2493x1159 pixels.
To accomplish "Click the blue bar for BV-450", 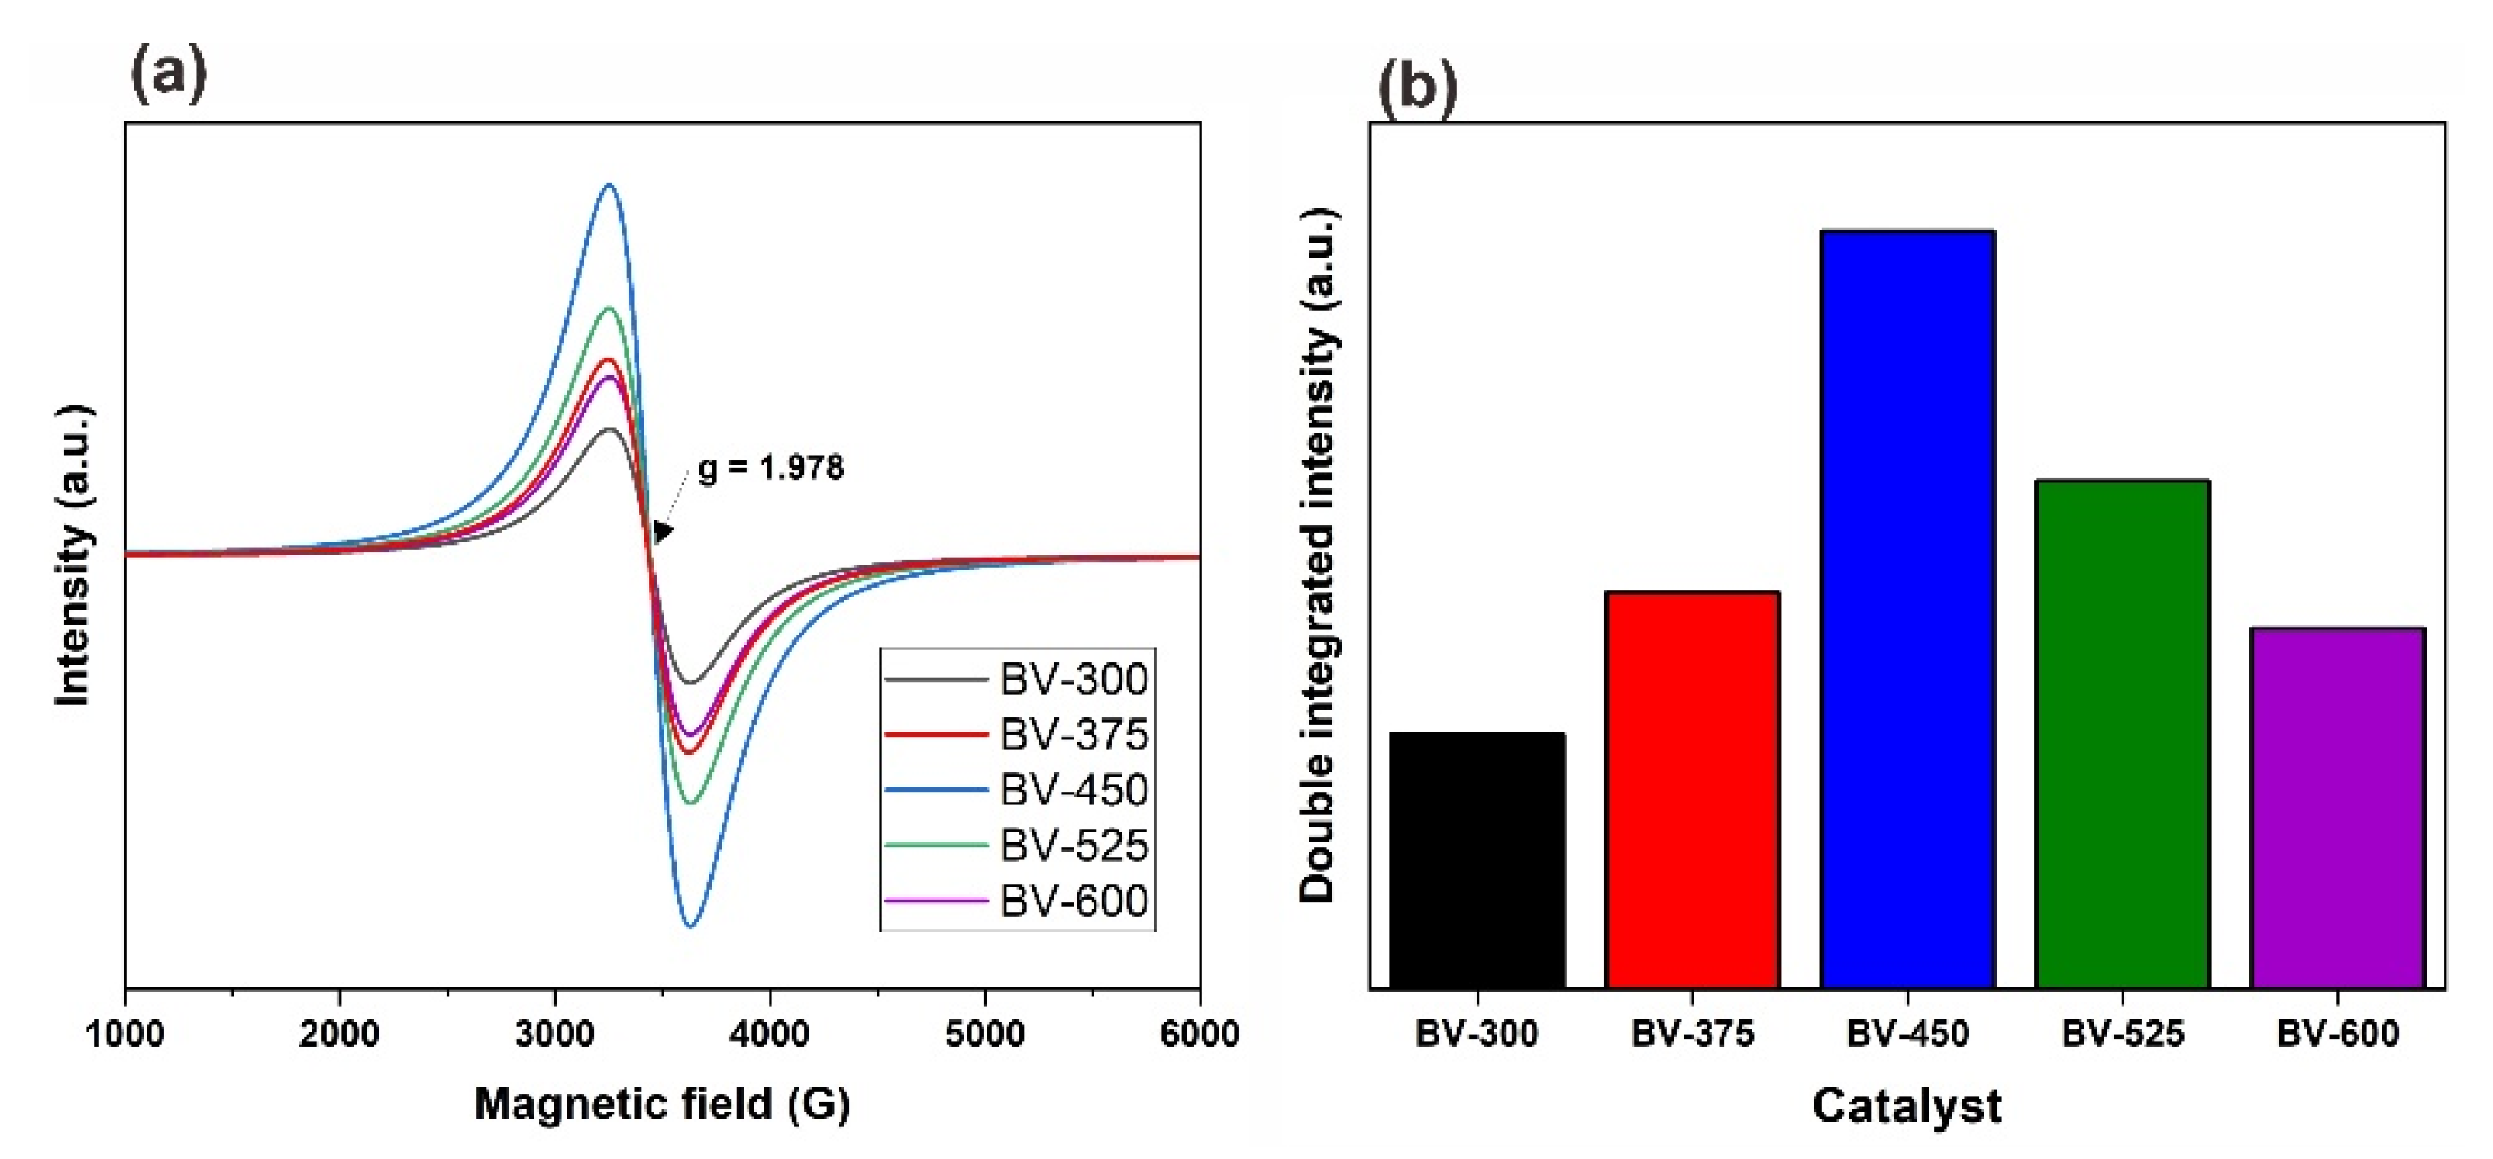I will [1907, 610].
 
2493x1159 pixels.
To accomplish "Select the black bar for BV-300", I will [1477, 860].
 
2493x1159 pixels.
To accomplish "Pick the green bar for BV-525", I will [2123, 733].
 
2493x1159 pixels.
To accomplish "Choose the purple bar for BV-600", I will [2337, 808].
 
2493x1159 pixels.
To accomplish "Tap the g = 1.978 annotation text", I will [771, 468].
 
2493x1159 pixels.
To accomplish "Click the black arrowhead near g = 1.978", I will [662, 531].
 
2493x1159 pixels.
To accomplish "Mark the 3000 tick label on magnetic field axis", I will [554, 1034].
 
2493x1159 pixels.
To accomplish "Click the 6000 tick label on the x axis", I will [1199, 1034].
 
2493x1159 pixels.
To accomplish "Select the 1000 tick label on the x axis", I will [125, 1034].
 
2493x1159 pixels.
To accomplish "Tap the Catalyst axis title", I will [1907, 1105].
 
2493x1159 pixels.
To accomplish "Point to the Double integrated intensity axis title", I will [1317, 556].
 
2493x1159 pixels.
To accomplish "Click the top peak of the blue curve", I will [609, 185].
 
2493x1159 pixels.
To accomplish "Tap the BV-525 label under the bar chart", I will [2123, 1034].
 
